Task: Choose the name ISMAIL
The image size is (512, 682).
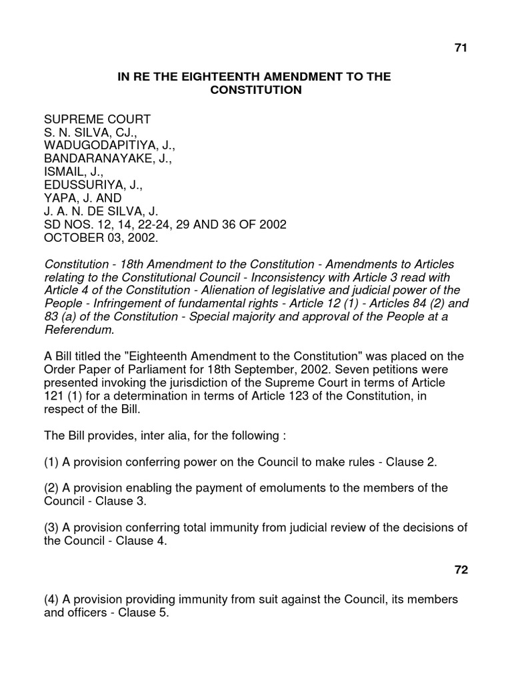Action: tap(65, 172)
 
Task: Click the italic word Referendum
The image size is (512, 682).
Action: tap(79, 329)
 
